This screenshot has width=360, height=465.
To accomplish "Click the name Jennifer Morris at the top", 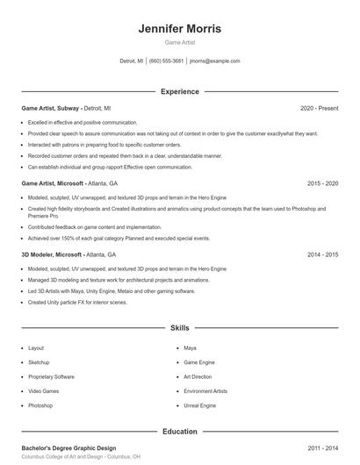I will [180, 29].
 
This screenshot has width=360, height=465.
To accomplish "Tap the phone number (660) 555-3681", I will [167, 61].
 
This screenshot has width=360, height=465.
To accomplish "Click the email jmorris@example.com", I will [214, 61].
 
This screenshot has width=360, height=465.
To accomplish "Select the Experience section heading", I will [180, 91].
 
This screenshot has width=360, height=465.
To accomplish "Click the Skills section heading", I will [180, 327].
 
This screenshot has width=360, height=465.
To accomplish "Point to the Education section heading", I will [180, 432].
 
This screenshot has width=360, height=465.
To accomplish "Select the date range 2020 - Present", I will [319, 108].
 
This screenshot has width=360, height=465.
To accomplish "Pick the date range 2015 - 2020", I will [322, 183].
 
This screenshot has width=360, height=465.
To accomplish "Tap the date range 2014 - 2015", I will [322, 254].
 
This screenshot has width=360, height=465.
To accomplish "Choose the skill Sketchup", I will [39, 362].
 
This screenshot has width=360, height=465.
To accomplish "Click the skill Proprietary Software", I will [51, 376].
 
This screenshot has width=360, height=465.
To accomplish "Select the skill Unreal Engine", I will [199, 405].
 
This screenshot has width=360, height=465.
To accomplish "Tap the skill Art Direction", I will [198, 376].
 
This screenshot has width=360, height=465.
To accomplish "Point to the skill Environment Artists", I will [205, 391].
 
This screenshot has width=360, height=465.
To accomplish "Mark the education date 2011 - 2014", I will [322, 448].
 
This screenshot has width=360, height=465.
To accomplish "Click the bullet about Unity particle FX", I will [77, 302].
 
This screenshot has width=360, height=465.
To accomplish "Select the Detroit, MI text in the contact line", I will [132, 61].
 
